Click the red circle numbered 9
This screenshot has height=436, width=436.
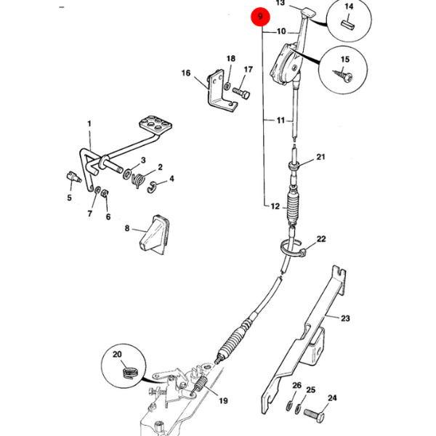[x=260, y=17]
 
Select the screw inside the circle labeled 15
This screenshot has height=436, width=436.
[x=343, y=75]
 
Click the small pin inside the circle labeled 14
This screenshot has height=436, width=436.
[x=347, y=25]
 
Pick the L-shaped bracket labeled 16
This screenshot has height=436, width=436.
[x=222, y=91]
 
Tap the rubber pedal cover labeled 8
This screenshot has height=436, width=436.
[x=154, y=235]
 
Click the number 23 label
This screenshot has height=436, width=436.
[x=345, y=318]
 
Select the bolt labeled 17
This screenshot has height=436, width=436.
[x=241, y=93]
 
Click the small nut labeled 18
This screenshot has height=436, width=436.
[x=227, y=86]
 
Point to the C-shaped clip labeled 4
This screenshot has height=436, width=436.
[x=152, y=187]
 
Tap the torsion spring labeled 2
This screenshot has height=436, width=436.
[x=138, y=180]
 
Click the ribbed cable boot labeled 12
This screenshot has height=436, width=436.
[x=294, y=206]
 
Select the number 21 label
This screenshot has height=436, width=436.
[x=320, y=157]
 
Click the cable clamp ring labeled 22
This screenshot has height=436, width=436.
[x=292, y=248]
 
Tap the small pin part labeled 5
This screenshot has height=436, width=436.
[x=73, y=177]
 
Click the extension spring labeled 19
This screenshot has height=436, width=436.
[x=200, y=386]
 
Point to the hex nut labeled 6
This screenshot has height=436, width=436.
[x=105, y=193]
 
